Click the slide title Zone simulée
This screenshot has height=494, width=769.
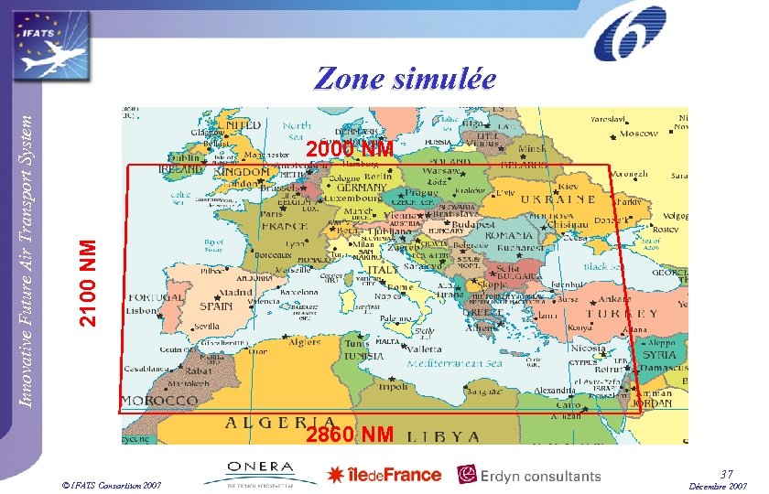tap(405, 80)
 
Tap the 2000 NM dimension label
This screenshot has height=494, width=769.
tap(349, 148)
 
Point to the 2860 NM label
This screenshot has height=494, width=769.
tap(350, 434)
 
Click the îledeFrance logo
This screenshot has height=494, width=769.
tap(384, 474)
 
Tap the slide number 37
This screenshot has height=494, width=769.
tap(726, 474)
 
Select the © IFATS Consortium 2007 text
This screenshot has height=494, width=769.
tap(103, 483)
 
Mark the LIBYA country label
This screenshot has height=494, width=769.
tap(443, 435)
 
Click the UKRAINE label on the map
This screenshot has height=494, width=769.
tap(558, 199)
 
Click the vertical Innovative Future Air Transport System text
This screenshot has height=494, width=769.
tap(28, 252)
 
